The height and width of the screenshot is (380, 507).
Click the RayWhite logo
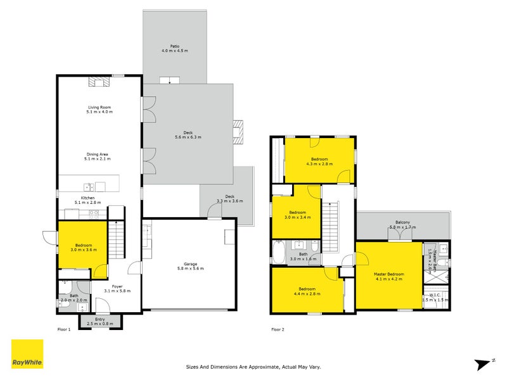[x=27, y=354]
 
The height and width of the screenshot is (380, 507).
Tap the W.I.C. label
[x=435, y=296]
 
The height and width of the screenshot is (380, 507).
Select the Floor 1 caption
[x=63, y=329]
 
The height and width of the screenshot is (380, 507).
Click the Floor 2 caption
[x=278, y=329]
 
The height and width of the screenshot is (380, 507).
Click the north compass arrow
[x=484, y=363]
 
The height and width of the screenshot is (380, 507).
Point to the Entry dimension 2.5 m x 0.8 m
[x=100, y=324]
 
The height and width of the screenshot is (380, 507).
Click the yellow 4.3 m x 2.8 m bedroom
[x=319, y=161]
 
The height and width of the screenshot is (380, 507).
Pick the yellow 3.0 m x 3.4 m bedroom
[x=296, y=215]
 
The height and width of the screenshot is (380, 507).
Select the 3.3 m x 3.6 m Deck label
[x=225, y=198]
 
